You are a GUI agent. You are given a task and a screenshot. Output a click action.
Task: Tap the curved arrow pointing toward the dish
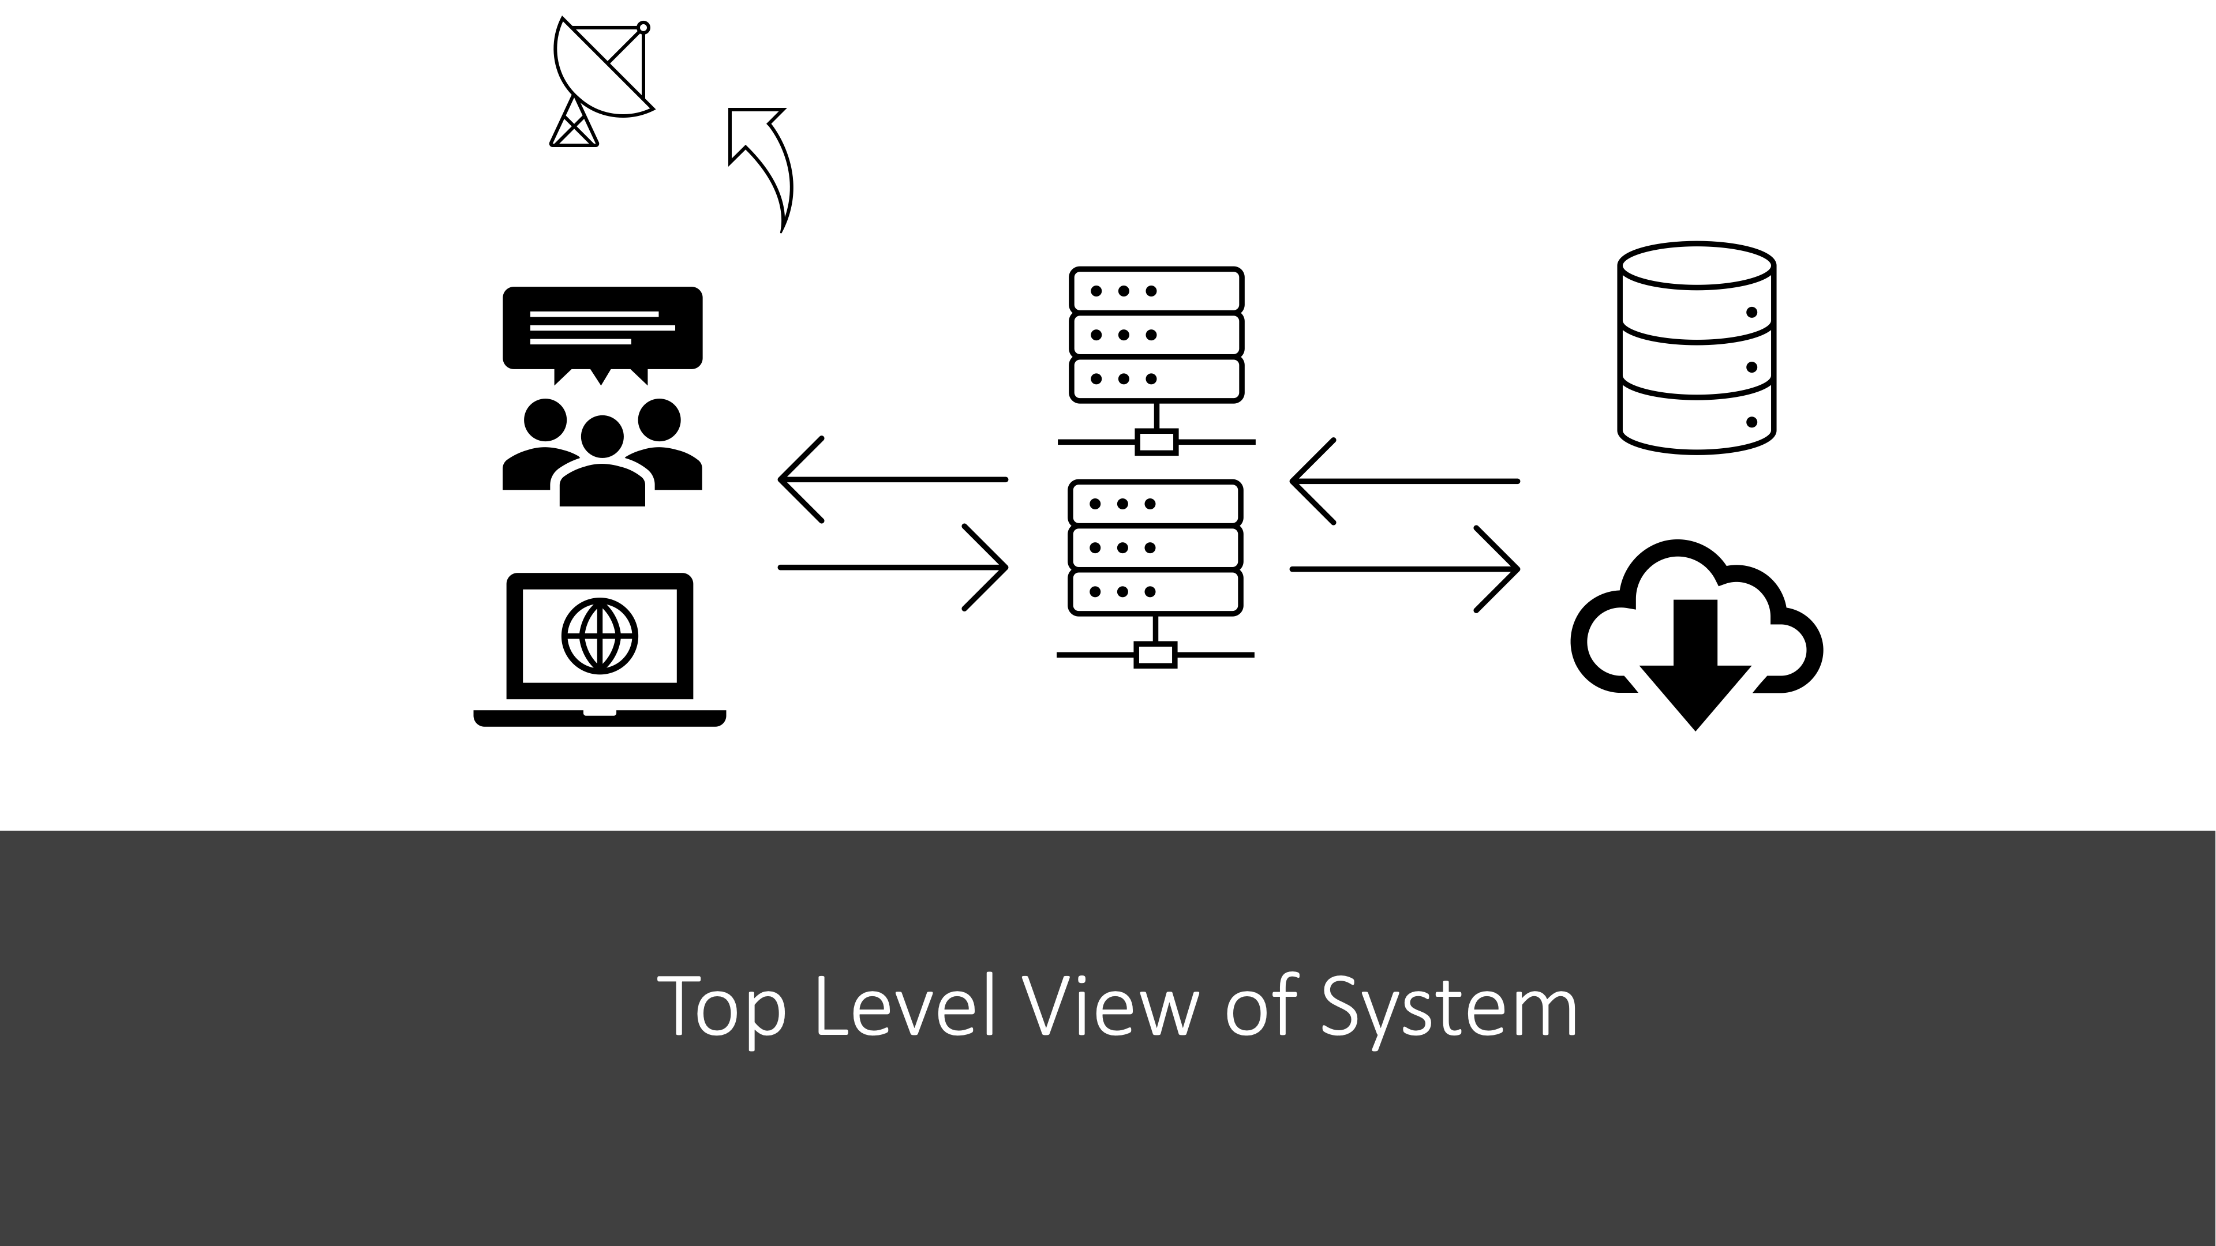(766, 163)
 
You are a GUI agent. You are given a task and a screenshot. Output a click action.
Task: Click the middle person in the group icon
(602, 464)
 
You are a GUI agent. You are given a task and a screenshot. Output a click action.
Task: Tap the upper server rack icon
(1156, 335)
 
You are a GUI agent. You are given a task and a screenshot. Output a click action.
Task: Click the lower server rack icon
(1155, 548)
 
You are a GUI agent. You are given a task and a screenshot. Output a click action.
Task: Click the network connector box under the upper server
(1156, 442)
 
